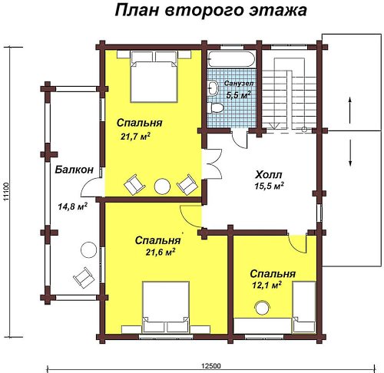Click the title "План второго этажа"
[210, 12]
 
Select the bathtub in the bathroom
[232, 59]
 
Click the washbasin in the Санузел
[213, 88]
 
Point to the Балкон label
[74, 170]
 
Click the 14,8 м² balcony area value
[73, 206]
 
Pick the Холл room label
[269, 175]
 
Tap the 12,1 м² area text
[267, 285]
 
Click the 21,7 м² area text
[135, 136]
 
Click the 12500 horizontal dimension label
[211, 366]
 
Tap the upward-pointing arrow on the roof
[350, 111]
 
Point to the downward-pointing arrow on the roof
[350, 153]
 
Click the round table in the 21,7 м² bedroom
[162, 186]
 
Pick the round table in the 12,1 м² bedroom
[262, 308]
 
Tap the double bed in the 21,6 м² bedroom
[166, 307]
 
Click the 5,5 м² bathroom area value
[238, 94]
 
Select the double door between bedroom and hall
[212, 163]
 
